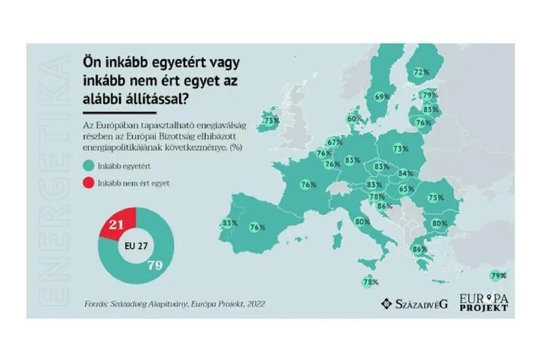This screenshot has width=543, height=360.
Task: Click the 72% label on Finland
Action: [x=421, y=72]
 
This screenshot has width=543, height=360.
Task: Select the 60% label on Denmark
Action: [x=355, y=119]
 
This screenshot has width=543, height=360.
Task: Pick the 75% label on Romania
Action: [x=436, y=198]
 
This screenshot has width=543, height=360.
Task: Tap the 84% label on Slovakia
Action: [x=405, y=173]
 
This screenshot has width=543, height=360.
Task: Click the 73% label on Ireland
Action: [x=271, y=121]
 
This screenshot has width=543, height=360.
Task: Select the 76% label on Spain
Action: [x=257, y=228]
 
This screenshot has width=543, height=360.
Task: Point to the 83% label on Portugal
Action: [x=230, y=223]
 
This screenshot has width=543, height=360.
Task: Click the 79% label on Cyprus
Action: [x=498, y=275]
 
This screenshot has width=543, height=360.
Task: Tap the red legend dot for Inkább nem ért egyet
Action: [x=88, y=183]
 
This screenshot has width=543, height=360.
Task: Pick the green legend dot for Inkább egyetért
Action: [x=88, y=166]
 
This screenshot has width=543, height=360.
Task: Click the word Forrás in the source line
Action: [x=95, y=304]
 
